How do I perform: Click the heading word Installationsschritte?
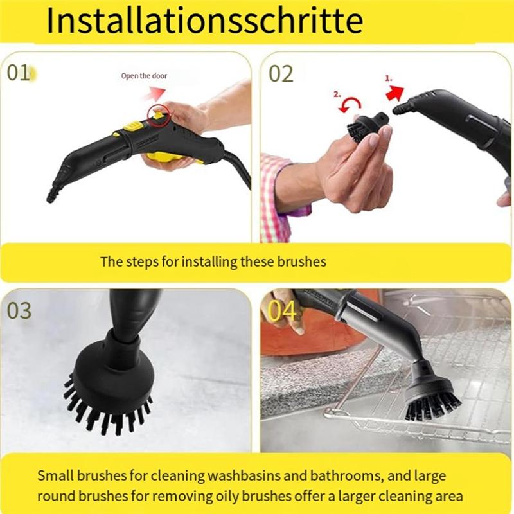pos(204,21)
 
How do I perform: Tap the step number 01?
pos(19,73)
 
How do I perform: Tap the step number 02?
pos(281,73)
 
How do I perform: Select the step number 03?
pos(19,310)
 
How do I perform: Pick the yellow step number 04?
pos(282,310)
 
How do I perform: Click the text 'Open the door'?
pos(144,76)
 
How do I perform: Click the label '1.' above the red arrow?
pos(389,77)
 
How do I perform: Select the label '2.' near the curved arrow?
pos(337,94)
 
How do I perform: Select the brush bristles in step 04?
pos(431,404)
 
